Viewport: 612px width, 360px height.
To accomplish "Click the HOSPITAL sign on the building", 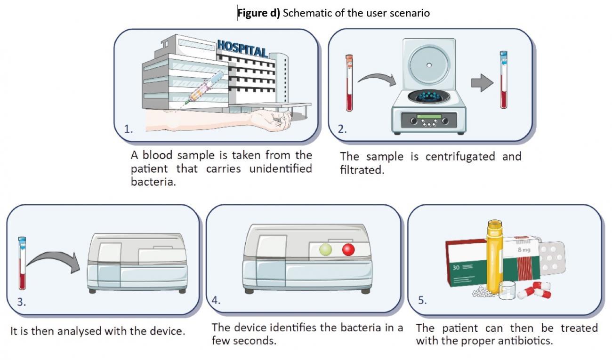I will coord(242,48).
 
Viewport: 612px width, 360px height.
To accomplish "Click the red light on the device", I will coord(348,249).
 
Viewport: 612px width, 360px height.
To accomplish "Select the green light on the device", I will coord(326,249).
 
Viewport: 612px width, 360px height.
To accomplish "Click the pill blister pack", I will coord(552,257).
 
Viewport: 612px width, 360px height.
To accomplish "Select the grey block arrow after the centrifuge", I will coord(482,83).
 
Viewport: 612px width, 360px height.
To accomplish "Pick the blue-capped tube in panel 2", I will coord(503,80).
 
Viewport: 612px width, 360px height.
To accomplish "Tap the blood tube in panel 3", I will coord(22,263).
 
